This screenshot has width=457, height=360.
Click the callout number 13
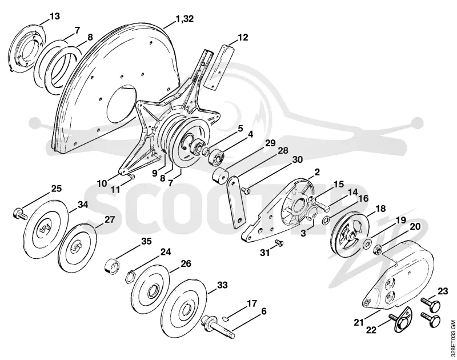(54, 16)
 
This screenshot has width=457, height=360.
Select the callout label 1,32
(184, 19)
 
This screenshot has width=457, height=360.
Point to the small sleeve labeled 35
(112, 265)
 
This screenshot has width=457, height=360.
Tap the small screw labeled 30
(246, 191)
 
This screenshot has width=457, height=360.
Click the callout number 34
(82, 205)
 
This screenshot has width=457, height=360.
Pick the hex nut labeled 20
(378, 250)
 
